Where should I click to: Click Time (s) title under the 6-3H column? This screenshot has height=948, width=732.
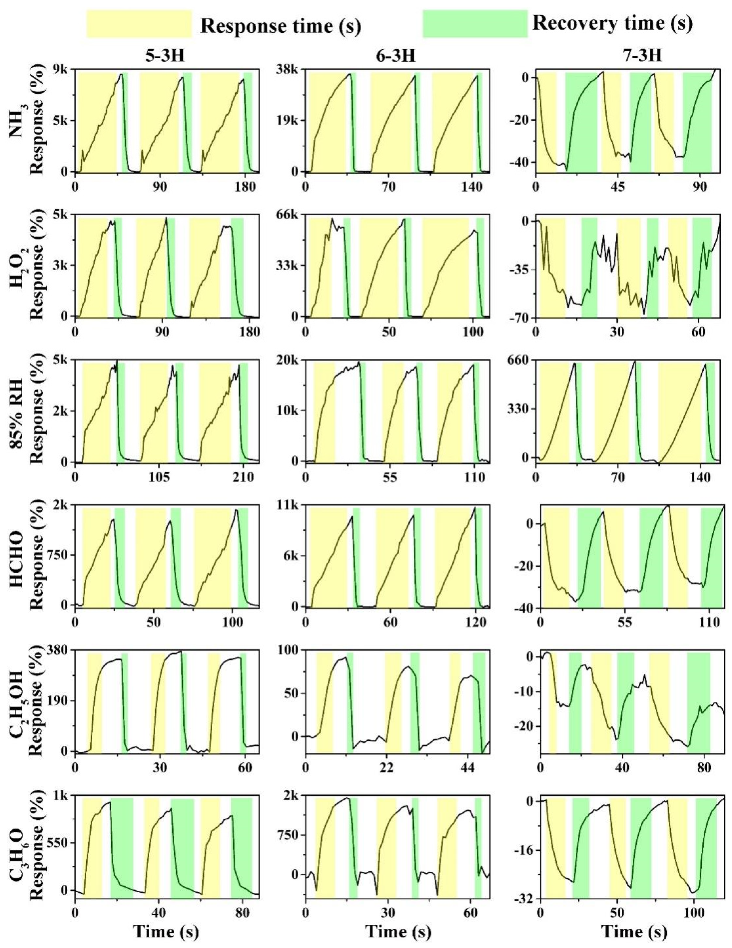398,932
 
